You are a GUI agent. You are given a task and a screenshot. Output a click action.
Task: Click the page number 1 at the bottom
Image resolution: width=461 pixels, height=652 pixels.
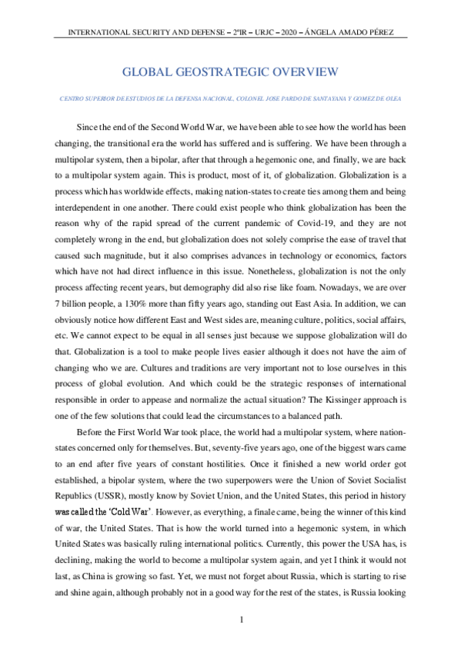(x=242, y=620)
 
